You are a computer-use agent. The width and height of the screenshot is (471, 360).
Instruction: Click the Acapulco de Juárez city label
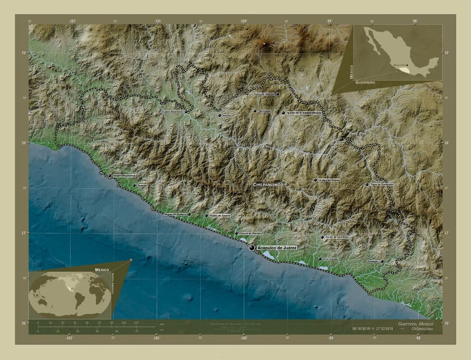(277, 248)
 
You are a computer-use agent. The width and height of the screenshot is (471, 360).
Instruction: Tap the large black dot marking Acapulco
(252, 248)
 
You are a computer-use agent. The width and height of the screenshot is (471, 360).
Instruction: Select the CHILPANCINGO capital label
(268, 185)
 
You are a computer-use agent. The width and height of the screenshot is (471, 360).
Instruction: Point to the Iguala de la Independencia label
(305, 112)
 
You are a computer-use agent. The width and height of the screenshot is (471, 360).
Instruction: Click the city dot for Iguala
(284, 112)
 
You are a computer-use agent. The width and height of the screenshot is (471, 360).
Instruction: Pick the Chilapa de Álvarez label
(329, 180)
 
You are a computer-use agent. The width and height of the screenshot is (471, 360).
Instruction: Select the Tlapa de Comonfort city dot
(367, 184)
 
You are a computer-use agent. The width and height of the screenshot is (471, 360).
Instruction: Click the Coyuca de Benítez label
(250, 233)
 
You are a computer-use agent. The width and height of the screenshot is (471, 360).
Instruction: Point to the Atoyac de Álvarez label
(220, 215)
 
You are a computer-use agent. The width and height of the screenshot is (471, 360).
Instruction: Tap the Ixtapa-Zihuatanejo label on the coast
(124, 175)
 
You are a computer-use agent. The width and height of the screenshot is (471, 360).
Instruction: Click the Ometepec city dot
(382, 261)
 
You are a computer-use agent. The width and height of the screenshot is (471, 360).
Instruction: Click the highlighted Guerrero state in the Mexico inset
(403, 69)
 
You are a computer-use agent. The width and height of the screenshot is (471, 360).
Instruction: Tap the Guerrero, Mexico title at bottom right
(415, 324)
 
